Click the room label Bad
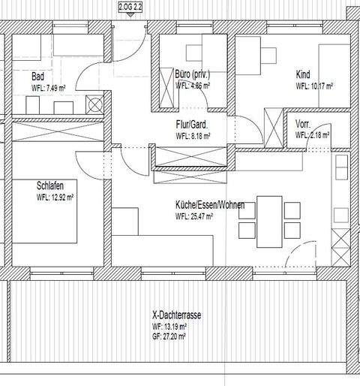(x=38, y=76)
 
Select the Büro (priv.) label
(x=192, y=75)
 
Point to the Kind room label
(x=303, y=75)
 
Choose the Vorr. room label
(x=304, y=125)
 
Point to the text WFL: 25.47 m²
(x=194, y=216)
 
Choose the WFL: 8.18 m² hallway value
(x=193, y=137)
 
